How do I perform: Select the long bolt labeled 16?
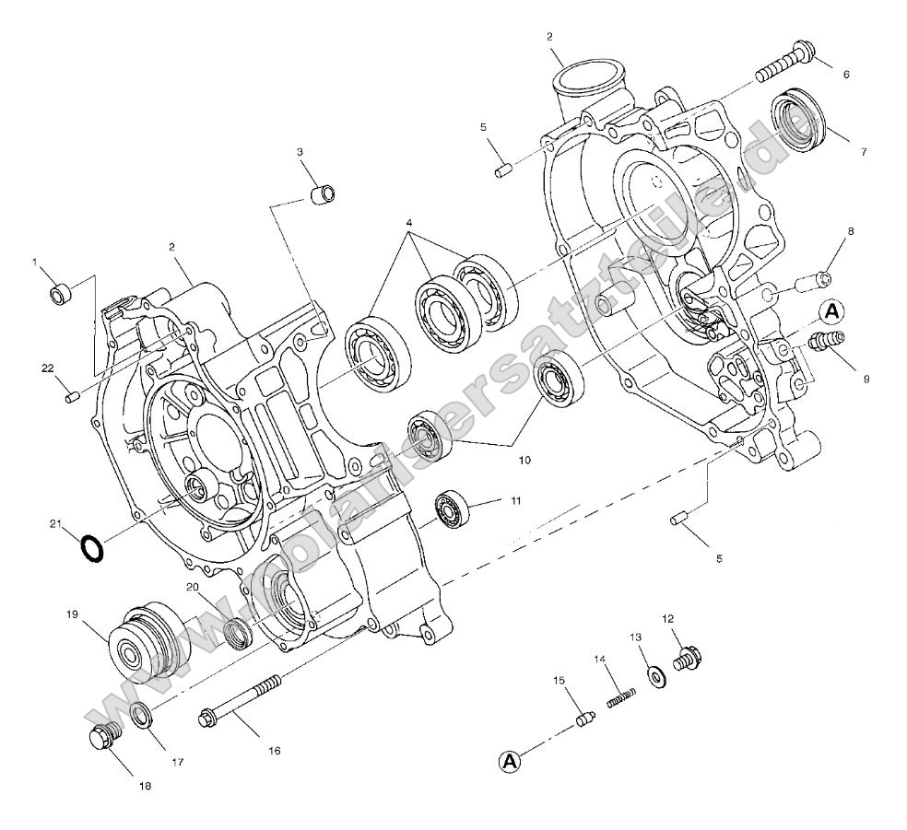[240, 700]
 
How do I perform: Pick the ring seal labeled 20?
[239, 632]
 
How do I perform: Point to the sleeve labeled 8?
[815, 278]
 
